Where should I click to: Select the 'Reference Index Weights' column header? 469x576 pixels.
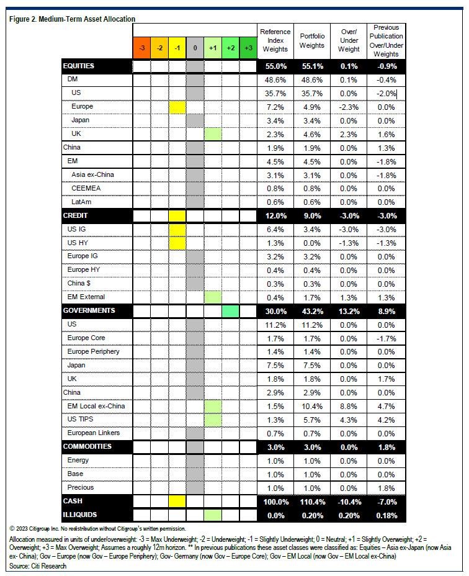(275, 40)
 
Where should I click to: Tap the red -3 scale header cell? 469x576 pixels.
(142, 48)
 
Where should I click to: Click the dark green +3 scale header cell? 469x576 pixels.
(248, 48)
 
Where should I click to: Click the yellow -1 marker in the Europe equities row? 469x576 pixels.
(177, 107)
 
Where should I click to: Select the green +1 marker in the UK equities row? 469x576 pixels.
(213, 134)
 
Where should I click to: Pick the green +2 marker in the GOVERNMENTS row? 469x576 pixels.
(230, 311)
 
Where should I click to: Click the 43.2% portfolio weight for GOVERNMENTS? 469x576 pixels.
(311, 311)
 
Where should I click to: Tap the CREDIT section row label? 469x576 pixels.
(76, 216)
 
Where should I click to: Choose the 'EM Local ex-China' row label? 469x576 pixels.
(96, 406)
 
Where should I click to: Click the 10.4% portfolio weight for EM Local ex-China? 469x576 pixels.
(311, 406)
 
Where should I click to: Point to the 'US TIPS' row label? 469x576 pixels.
(82, 420)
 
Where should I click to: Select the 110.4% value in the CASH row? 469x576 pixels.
(311, 502)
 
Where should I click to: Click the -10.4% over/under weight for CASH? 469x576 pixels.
(349, 502)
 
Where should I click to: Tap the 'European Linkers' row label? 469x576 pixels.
(94, 433)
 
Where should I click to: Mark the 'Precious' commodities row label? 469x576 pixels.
(82, 488)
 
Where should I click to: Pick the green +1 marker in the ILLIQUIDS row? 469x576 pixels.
(213, 515)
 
